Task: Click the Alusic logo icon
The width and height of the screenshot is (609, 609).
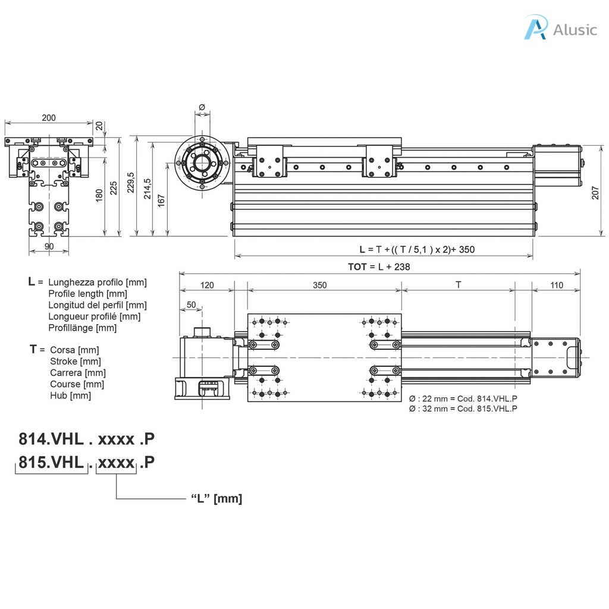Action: point(535,28)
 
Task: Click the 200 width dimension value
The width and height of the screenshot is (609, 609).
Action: point(49,118)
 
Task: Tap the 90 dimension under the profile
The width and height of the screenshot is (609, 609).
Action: point(49,246)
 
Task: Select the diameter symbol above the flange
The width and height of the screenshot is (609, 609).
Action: point(201,107)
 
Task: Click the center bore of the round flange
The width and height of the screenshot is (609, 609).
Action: point(202,164)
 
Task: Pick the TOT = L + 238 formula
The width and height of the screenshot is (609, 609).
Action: point(379,266)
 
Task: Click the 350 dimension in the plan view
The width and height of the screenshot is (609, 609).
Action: point(319,285)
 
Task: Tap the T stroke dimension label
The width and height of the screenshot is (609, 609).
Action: point(458,285)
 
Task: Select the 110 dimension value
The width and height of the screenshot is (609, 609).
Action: point(556,285)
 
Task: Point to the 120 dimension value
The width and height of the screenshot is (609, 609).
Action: point(206,285)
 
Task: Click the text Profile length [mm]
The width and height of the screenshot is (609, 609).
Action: point(87,293)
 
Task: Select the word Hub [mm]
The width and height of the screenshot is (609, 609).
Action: point(70,395)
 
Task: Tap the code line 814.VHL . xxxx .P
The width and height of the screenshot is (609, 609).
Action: point(87,439)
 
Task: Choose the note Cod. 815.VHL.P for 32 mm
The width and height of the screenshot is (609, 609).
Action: point(463,409)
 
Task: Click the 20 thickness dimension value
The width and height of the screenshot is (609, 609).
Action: point(99,126)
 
